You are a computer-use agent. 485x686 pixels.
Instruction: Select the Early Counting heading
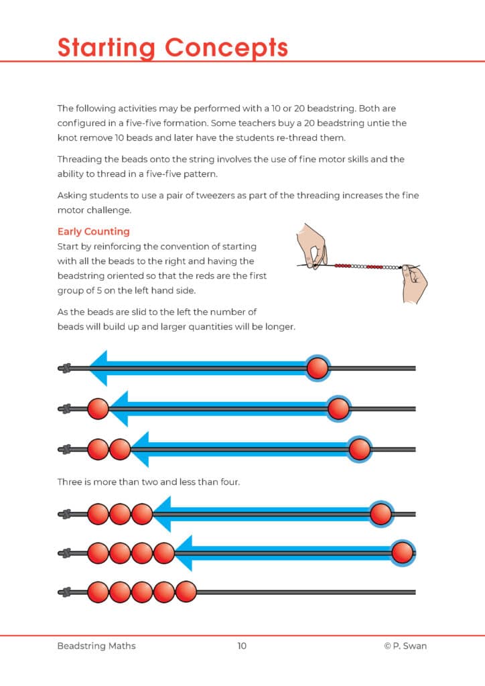point(93,232)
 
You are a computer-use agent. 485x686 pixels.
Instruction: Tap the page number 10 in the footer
point(242,646)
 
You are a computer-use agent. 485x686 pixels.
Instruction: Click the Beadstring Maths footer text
point(96,646)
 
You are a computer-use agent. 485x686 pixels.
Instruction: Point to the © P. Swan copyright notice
point(405,646)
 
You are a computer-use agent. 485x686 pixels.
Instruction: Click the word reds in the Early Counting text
point(204,276)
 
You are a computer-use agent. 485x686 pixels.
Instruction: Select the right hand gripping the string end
point(413,280)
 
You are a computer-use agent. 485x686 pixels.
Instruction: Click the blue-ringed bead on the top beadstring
point(317,368)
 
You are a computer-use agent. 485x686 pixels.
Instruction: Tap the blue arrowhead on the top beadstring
point(98,368)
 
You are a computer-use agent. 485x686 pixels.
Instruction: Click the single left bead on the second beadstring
point(98,409)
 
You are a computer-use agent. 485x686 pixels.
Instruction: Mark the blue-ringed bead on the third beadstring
point(360,450)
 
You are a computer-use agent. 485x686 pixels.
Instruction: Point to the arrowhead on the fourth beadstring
point(161,514)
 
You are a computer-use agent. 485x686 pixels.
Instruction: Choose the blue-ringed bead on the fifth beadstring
point(402,553)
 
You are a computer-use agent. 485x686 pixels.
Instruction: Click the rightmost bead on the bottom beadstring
point(186,592)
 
